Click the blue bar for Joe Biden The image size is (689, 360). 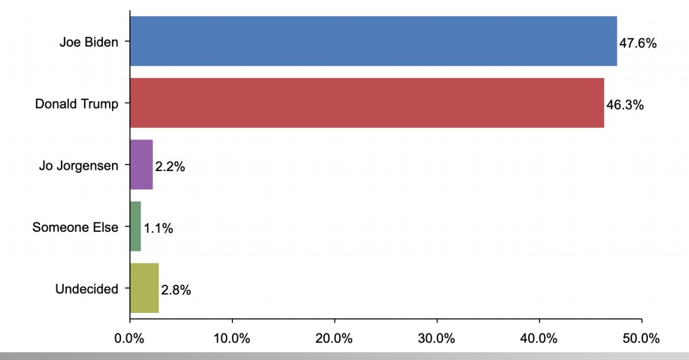click(x=373, y=41)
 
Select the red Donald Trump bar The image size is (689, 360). click(x=367, y=103)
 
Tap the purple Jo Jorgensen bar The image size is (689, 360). click(x=141, y=165)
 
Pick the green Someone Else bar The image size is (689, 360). click(x=135, y=226)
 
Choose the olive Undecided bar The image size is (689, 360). click(x=144, y=288)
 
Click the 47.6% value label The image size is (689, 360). click(x=638, y=44)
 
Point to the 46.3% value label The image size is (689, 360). click(x=625, y=105)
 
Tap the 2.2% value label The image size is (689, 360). click(x=170, y=167)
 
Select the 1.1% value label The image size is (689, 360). click(x=158, y=229)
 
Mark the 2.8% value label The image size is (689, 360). click(x=176, y=291)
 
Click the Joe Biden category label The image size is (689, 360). click(x=89, y=42)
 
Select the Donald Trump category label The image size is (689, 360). click(x=76, y=104)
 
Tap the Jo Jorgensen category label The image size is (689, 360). click(x=79, y=166)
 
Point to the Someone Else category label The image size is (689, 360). click(x=75, y=227)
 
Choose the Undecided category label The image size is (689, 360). click(x=86, y=289)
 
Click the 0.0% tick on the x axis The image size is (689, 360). click(x=130, y=339)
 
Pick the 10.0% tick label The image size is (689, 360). click(x=232, y=339)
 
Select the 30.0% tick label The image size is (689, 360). click(x=437, y=339)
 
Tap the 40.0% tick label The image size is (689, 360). click(x=539, y=339)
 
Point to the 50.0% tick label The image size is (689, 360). click(x=641, y=339)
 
